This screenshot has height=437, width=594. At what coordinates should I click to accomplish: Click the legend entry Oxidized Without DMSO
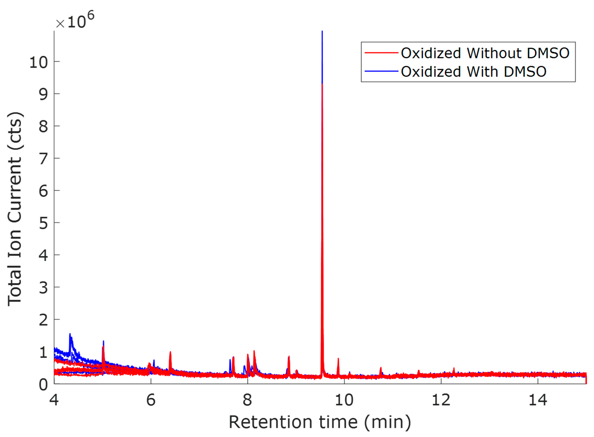point(485,53)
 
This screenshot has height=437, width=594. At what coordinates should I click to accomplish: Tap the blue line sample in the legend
point(381,71)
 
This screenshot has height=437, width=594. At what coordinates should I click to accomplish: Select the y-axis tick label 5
point(43,224)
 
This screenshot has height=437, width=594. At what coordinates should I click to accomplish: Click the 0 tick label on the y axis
point(43,385)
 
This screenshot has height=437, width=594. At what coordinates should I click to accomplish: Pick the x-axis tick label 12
point(441,400)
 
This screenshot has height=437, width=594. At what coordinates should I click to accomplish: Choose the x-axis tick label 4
point(54,400)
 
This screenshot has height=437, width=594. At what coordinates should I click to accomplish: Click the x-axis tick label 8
point(247,400)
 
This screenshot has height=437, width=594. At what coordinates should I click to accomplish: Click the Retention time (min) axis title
point(320,422)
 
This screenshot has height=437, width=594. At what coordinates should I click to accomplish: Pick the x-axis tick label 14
point(538,400)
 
